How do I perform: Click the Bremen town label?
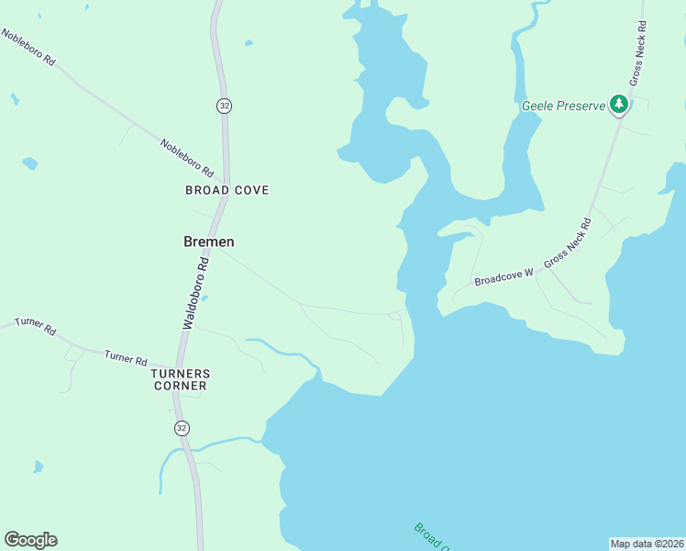click(209, 242)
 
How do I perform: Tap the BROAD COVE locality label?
click(227, 190)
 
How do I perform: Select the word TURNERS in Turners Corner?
click(181, 374)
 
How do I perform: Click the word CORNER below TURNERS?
click(181, 386)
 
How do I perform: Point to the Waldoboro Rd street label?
click(195, 293)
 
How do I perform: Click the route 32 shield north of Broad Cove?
click(224, 106)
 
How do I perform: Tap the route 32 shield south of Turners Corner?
click(182, 428)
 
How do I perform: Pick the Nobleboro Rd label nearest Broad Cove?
click(186, 158)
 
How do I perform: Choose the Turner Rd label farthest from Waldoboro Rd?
click(35, 326)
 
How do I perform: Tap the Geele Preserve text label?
click(563, 106)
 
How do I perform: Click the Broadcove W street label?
click(503, 278)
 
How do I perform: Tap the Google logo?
click(30, 540)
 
